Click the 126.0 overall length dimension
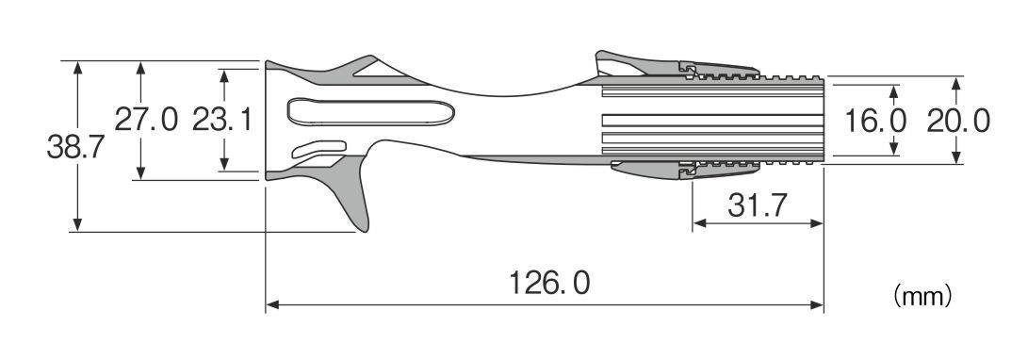point(549,283)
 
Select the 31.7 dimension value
point(758,205)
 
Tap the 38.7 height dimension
point(75,147)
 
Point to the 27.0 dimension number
point(146,120)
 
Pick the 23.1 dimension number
point(222,120)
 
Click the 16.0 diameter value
point(875,122)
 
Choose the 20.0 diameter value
point(958,122)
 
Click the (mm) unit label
point(922,297)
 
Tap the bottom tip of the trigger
point(364,231)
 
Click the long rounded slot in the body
point(371,112)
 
